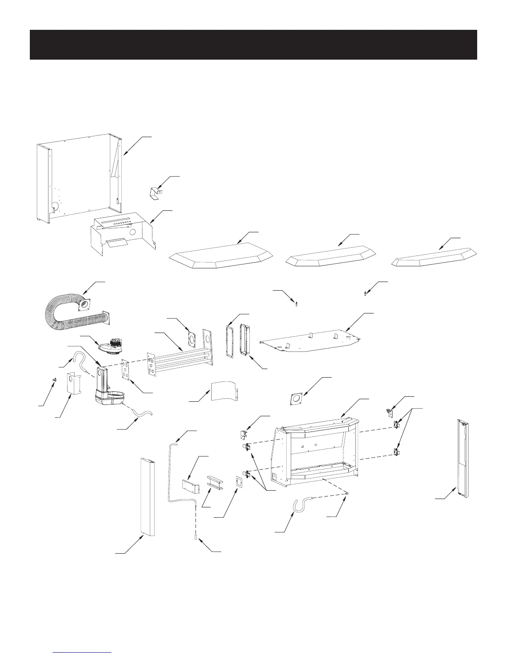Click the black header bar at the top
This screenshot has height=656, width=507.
253,44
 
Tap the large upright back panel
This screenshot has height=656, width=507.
79,178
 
